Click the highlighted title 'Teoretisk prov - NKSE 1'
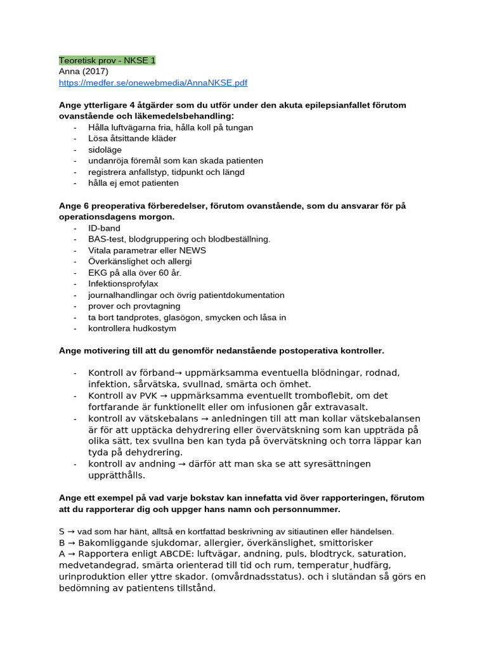click(107, 60)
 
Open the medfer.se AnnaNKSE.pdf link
click(153, 82)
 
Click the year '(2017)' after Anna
click(95, 72)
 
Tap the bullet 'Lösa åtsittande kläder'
click(132, 138)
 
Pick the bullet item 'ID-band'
click(104, 228)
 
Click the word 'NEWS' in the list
click(193, 250)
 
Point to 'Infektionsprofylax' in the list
click(123, 284)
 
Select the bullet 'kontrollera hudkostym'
click(132, 328)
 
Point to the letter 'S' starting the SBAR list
click(62, 531)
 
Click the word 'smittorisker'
click(345, 543)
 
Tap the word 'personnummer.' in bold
click(310, 509)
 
